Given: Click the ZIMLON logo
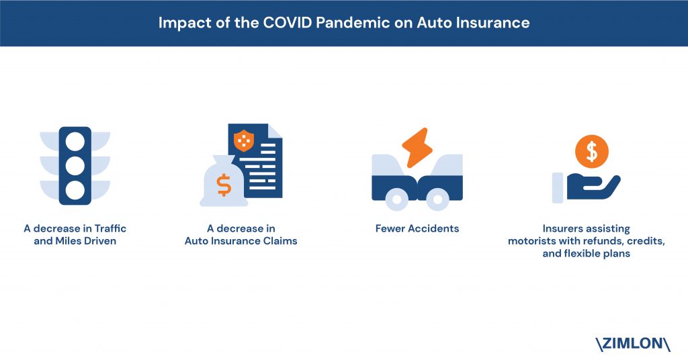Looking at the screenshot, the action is tap(633, 344).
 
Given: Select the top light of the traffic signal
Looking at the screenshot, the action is tap(75, 141).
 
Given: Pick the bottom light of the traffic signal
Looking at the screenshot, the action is tap(75, 190).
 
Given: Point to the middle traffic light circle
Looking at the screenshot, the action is tap(75, 166).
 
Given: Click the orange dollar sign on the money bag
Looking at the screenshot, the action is tap(224, 185).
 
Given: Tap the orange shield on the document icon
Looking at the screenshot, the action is tap(243, 141).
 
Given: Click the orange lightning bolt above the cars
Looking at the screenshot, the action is tap(417, 148).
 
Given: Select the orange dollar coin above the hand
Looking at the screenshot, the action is tap(592, 151).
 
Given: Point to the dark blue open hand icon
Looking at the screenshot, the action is tap(593, 187).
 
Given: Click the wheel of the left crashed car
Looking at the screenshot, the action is tap(396, 199).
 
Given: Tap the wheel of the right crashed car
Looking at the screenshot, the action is tap(437, 199).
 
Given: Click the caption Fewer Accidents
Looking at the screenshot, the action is tap(417, 228).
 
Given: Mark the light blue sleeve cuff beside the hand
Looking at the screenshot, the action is tap(558, 187).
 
